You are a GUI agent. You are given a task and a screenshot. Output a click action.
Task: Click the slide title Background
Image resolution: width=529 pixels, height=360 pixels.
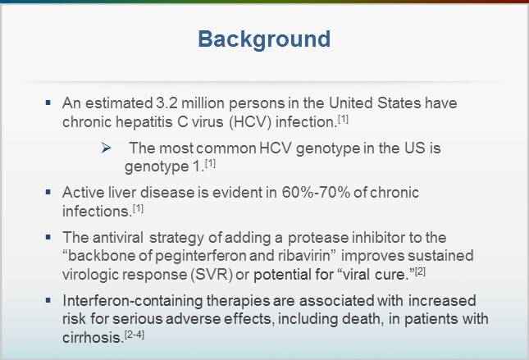coord(264,39)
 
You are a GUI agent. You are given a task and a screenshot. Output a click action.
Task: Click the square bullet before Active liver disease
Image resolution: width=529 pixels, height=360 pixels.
coord(48,192)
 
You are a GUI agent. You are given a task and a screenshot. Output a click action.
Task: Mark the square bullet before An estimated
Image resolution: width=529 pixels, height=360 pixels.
coord(48,105)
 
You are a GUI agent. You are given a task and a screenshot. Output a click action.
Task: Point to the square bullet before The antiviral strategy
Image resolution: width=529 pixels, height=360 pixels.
coord(48,236)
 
